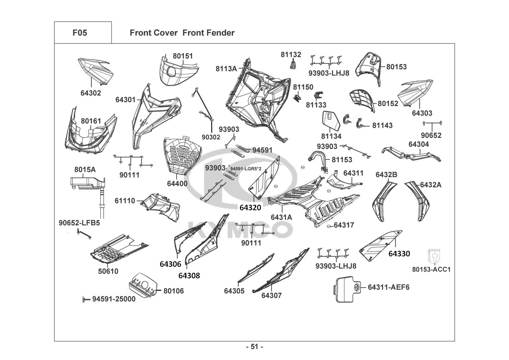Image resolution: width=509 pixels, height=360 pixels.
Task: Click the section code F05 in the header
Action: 79,33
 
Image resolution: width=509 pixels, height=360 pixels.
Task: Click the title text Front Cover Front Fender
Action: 182,33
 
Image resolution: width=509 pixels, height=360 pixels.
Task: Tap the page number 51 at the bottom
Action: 255,347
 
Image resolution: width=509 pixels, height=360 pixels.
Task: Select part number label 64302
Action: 91,93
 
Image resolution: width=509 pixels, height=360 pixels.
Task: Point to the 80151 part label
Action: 183,56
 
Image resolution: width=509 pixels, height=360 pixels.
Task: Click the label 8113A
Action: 226,68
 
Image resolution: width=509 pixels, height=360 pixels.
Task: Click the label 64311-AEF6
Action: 388,287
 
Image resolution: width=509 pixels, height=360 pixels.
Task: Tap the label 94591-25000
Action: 114,299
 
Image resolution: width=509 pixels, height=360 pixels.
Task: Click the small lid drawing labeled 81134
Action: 330,121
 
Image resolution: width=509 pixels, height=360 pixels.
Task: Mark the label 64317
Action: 344,225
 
